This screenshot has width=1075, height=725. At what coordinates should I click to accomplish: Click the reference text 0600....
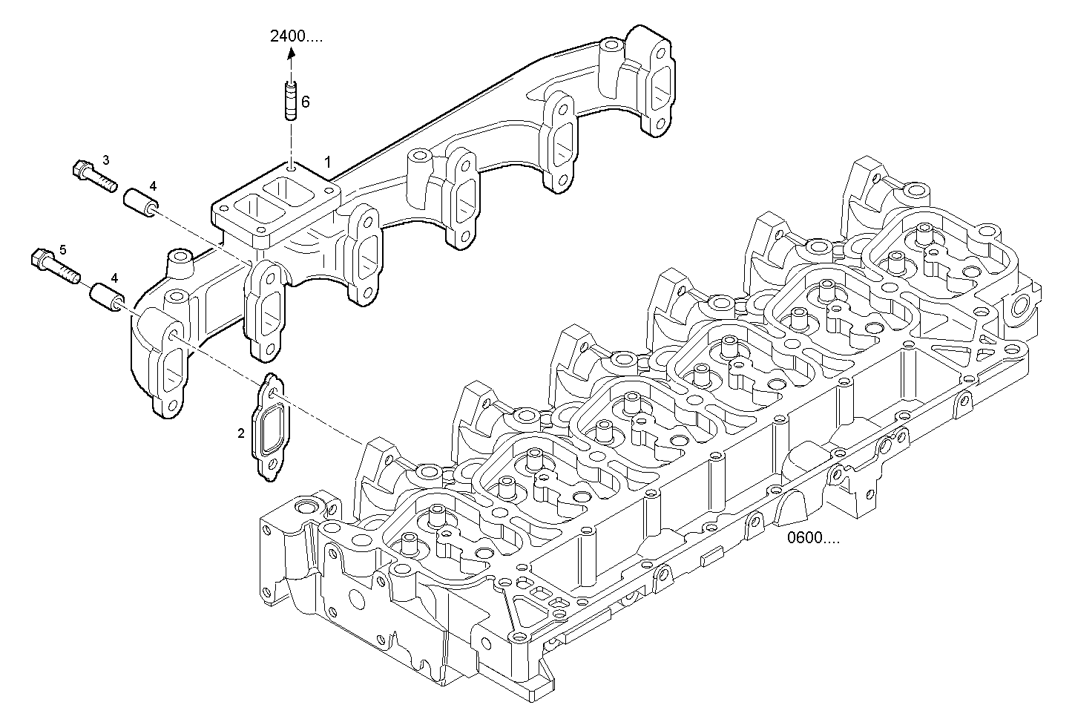point(814,538)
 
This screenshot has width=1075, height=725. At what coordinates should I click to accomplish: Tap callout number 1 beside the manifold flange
point(327,160)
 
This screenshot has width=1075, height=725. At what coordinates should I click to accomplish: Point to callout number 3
point(106,160)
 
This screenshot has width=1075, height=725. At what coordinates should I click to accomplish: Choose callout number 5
point(63,249)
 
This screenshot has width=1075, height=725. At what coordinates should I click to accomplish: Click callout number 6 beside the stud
point(305,102)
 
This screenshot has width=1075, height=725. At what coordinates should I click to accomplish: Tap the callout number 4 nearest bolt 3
point(152,186)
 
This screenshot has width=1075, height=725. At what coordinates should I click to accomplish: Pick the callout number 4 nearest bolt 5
point(114,277)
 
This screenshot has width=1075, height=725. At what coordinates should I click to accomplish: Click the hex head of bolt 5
point(40,260)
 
